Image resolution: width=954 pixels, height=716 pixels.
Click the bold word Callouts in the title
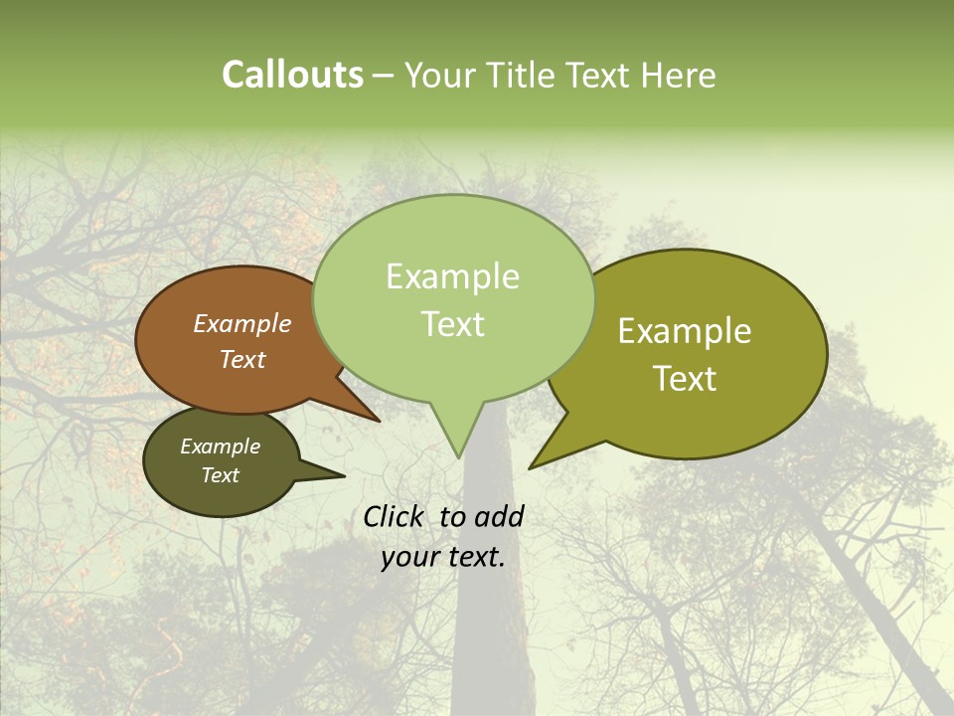point(292,75)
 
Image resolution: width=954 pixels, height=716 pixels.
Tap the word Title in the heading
point(525,75)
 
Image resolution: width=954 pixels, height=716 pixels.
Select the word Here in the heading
point(678,75)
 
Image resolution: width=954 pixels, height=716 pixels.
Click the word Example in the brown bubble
point(242,323)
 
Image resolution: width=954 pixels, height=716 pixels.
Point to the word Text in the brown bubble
point(242,359)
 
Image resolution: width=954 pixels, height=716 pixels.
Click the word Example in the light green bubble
point(452,276)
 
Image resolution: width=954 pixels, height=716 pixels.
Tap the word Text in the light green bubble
point(452,324)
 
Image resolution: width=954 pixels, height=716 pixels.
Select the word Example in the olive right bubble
point(685,331)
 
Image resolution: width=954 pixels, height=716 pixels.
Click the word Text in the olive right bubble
point(685,379)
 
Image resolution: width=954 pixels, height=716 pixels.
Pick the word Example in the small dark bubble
point(220,447)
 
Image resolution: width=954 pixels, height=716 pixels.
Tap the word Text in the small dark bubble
point(220,475)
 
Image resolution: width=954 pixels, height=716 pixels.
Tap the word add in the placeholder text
point(499,516)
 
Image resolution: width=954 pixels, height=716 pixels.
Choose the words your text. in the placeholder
point(443,557)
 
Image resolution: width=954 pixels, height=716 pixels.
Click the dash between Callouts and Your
point(386,76)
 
